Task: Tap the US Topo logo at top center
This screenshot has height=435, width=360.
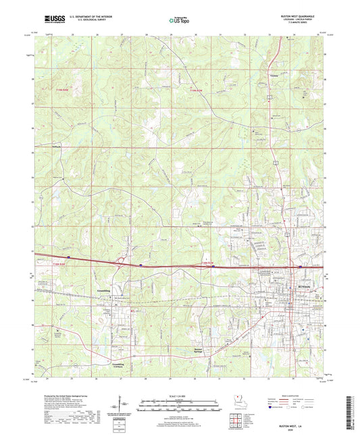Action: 179,21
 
